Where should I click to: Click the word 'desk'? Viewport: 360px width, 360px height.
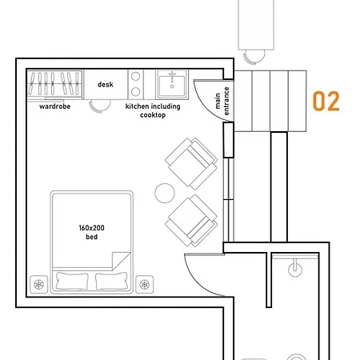coord(106,85)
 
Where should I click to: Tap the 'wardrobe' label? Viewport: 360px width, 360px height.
coord(55,106)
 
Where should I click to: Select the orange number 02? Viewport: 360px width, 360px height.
coord(326,101)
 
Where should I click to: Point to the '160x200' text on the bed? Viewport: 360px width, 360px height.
coord(91,228)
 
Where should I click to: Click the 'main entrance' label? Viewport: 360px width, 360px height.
coord(222,101)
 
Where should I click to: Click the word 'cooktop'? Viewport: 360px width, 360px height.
coord(153,115)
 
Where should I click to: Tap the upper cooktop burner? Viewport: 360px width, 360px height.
coord(136,77)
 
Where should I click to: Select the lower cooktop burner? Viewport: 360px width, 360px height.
coord(136,92)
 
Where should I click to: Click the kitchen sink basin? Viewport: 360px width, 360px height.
coord(172,83)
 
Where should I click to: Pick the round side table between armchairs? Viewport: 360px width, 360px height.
coord(165,193)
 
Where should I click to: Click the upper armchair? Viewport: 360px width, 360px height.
coord(191,163)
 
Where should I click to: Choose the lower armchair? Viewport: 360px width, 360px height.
coord(191,220)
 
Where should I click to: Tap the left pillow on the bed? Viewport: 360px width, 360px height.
coord(72,281)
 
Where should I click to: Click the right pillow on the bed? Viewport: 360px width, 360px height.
coord(111,281)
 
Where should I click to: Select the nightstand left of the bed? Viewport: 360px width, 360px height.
coord(39,285)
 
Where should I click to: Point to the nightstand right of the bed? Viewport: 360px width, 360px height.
coord(145,285)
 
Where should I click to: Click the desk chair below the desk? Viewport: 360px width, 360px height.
coord(100,106)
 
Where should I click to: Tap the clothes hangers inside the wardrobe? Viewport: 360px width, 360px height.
coord(54,83)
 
